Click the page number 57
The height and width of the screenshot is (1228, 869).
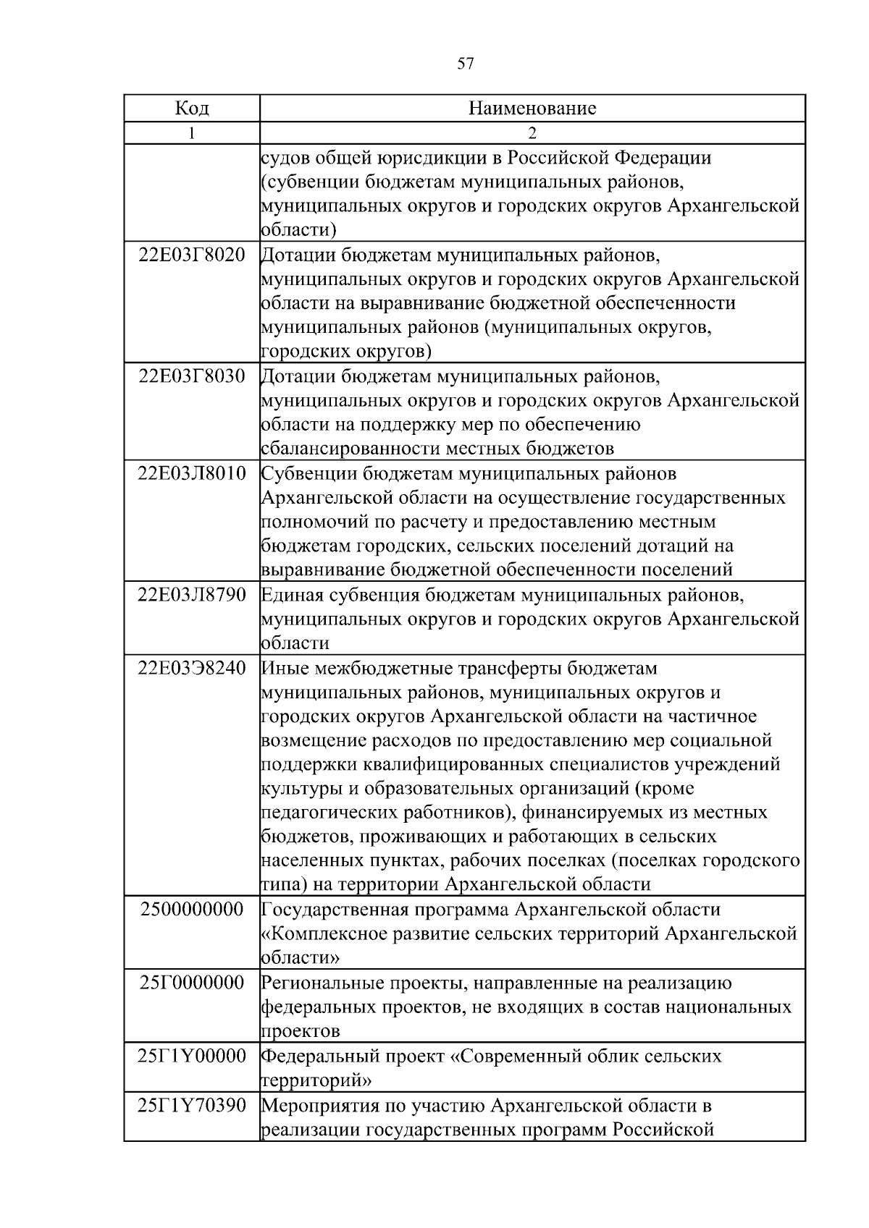466,64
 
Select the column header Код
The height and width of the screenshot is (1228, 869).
192,109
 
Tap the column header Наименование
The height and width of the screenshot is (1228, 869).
532,109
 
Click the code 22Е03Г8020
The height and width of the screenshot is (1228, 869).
192,255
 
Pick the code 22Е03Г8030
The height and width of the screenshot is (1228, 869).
192,376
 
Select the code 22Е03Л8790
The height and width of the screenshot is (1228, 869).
192,595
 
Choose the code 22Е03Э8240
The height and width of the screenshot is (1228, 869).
192,668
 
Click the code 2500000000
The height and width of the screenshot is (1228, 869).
192,910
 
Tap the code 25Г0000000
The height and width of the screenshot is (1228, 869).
192,983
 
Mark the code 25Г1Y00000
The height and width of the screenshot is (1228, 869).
192,1056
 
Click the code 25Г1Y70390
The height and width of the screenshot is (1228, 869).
192,1106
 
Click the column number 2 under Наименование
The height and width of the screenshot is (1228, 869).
532,133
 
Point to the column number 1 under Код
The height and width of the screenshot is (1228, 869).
191,133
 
